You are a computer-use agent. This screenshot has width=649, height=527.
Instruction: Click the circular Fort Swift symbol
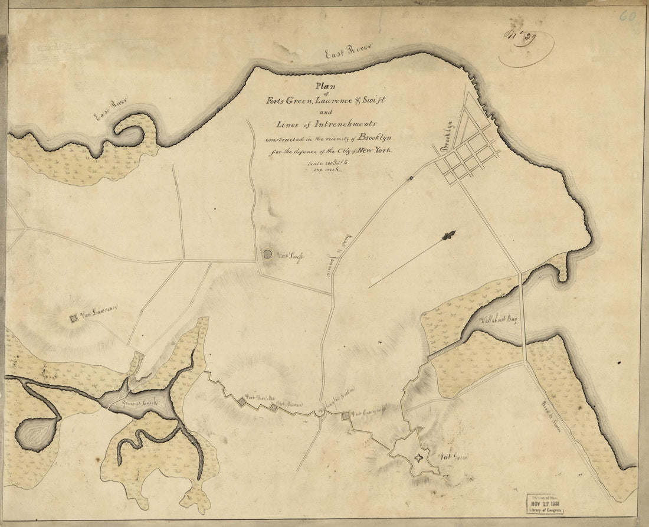pos(268,254)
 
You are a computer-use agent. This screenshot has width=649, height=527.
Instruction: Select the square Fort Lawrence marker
pos(74,319)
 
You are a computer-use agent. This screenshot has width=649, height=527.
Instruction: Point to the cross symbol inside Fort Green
pos(419,457)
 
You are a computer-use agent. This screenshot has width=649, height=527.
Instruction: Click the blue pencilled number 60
pos(627,15)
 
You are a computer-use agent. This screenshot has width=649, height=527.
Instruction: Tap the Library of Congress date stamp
pos(546,504)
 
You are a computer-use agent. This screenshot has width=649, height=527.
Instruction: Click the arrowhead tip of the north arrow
pos(451,235)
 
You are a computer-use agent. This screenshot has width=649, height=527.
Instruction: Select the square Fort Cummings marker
pos(346,417)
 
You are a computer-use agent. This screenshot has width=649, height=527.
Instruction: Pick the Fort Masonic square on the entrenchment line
pos(274,407)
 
